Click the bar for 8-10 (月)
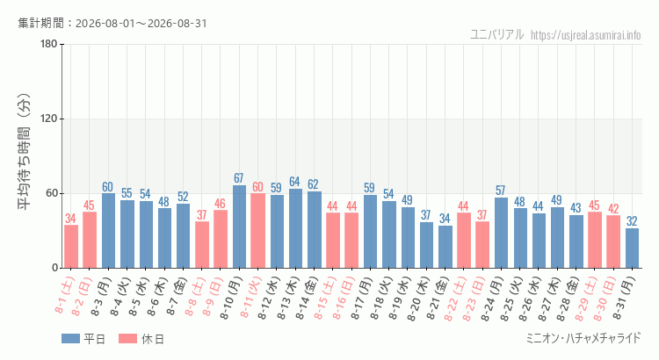coord(239,227)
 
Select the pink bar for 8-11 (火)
coord(257,231)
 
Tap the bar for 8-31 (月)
coord(632,248)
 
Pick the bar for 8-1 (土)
coord(71,247)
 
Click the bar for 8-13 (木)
coord(295,228)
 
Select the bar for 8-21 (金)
coord(445,247)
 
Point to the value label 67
coord(239,178)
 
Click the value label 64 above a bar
coord(294,182)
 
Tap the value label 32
coord(632,221)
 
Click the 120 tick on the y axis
coord(49,119)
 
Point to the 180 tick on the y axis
coord(49,44)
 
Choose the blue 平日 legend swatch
coord(70,339)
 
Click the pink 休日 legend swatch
coord(127,339)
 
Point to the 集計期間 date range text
coord(112,23)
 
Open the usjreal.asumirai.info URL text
coord(586,35)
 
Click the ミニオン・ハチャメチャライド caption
coord(583,338)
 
